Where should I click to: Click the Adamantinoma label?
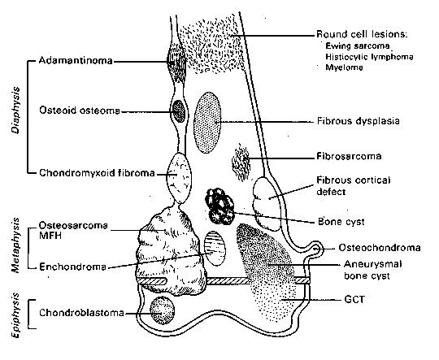click(x=76, y=60)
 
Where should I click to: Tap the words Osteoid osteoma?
click(x=80, y=111)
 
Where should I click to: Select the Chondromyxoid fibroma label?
click(x=97, y=173)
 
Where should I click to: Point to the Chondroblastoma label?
click(x=81, y=312)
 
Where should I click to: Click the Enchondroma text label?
click(x=73, y=267)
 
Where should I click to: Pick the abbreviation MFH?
click(x=50, y=236)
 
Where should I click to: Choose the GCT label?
click(x=354, y=300)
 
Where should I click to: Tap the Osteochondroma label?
click(x=380, y=248)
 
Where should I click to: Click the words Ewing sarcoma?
click(x=358, y=46)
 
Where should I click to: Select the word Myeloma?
click(x=344, y=67)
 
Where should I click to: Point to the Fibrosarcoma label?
click(x=349, y=156)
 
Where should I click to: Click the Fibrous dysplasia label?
click(x=358, y=121)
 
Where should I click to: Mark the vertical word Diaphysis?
click(x=16, y=110)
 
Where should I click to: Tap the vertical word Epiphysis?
click(x=16, y=315)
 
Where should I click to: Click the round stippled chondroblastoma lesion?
click(x=163, y=310)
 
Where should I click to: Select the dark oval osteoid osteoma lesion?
click(x=178, y=111)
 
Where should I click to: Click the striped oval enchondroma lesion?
click(x=215, y=249)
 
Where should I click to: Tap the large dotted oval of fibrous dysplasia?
click(x=207, y=123)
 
